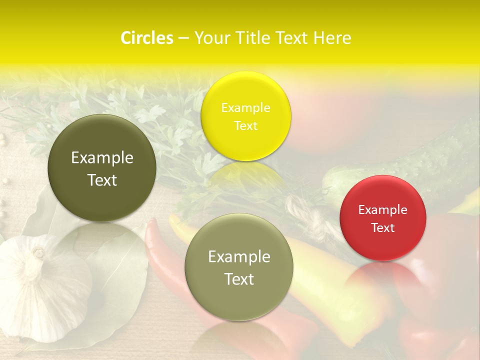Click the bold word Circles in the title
146,38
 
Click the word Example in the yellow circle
245,107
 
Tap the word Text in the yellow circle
245,125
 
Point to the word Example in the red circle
382,209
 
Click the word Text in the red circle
382,227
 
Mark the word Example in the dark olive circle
102,157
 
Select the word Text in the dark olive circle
102,180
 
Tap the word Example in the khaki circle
238,256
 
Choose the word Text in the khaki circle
238,279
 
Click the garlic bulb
37,285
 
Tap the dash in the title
183,38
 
